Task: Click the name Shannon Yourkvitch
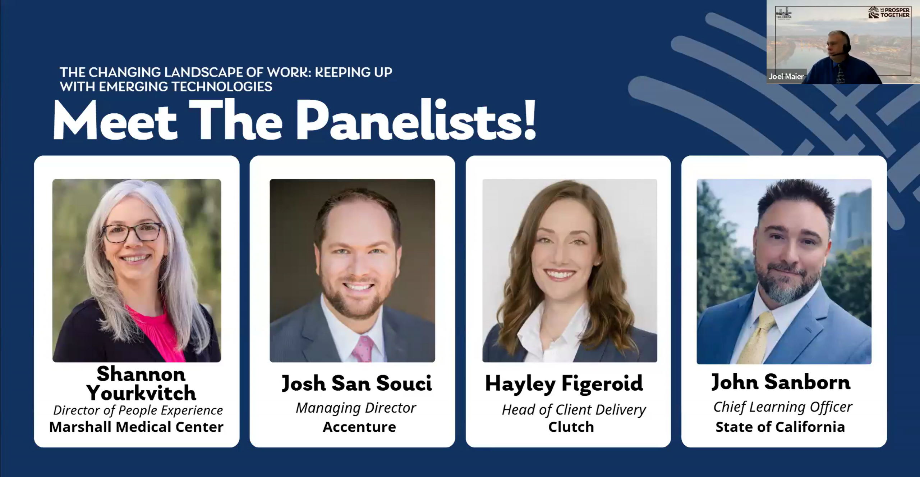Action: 141,383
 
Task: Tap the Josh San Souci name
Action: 356,383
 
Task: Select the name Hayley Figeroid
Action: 564,383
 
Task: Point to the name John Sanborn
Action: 781,382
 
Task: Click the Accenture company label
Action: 359,427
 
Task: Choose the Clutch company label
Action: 571,427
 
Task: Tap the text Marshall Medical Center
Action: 136,427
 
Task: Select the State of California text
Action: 780,427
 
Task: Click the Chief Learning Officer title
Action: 783,407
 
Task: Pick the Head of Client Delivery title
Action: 574,410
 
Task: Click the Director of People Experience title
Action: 138,410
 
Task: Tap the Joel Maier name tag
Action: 786,77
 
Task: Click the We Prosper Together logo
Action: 889,13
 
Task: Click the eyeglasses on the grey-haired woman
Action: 132,232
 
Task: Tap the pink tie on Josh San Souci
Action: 362,349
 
